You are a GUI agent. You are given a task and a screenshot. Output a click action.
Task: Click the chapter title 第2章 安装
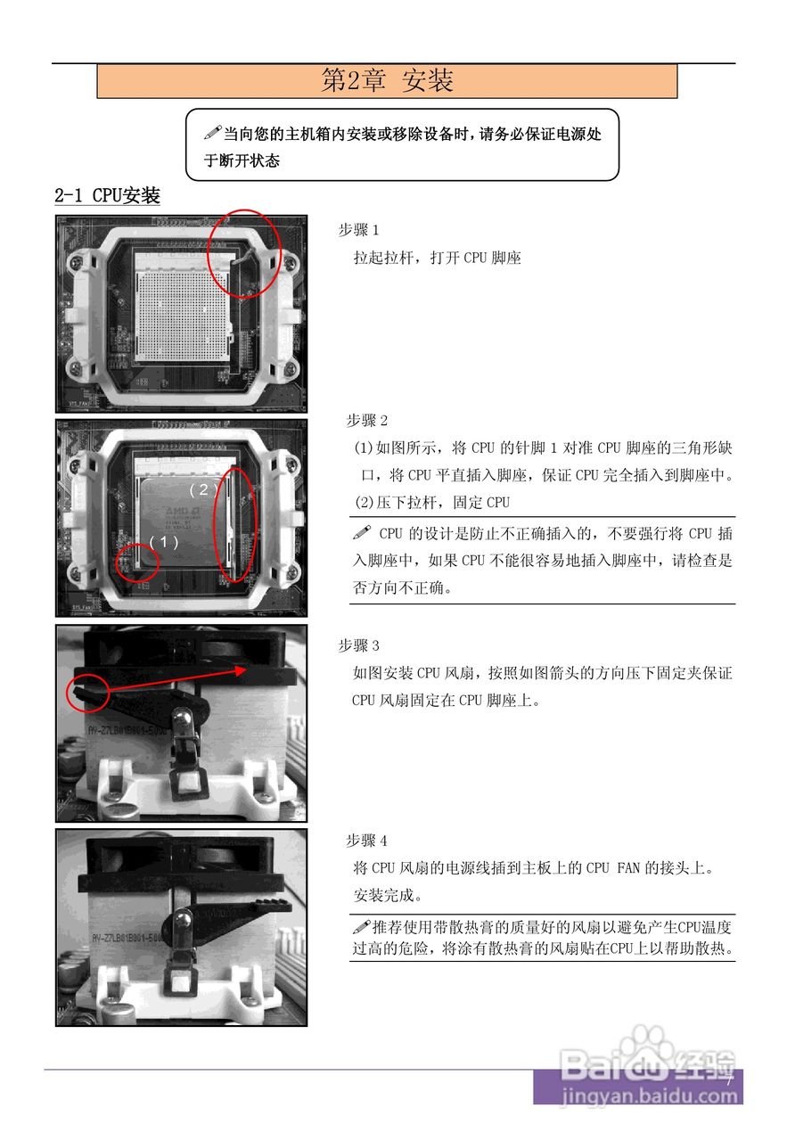(x=387, y=81)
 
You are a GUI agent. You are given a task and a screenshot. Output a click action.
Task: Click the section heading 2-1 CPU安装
(x=107, y=196)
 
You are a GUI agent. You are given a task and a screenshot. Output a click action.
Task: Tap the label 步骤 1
(x=358, y=230)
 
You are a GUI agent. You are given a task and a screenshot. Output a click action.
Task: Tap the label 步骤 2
(x=366, y=421)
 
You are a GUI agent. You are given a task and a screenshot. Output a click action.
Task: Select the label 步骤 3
(x=358, y=645)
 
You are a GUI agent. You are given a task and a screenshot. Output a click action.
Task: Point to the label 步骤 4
(x=366, y=841)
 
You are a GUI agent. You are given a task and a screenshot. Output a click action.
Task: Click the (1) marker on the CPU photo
(x=163, y=541)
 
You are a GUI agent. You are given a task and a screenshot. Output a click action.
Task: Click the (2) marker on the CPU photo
(x=203, y=489)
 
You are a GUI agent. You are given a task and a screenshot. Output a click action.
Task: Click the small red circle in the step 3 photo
(x=87, y=693)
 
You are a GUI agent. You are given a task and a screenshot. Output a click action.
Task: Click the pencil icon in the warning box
(x=212, y=134)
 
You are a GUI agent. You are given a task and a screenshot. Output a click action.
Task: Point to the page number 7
(x=728, y=1080)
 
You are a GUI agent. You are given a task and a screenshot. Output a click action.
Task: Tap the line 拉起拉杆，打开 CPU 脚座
(x=437, y=259)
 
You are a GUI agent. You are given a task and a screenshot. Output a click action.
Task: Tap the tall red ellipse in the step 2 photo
(x=237, y=523)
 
